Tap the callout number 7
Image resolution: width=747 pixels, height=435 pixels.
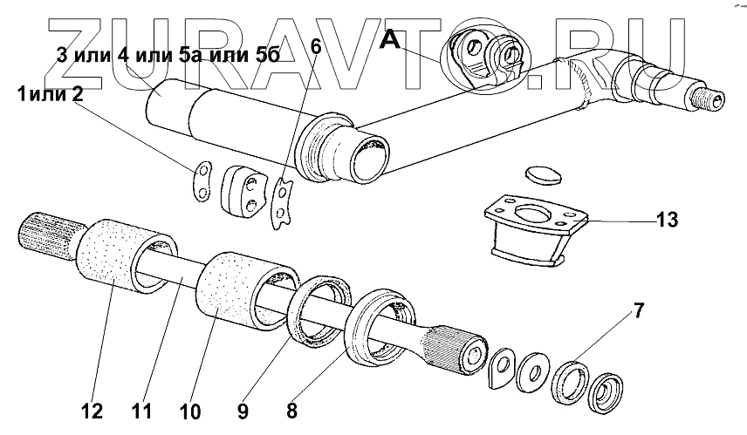(639, 309)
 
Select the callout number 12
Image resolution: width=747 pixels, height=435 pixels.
(93, 410)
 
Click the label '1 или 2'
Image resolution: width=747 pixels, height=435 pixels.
(50, 94)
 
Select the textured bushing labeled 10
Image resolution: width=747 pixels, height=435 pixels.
(230, 287)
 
